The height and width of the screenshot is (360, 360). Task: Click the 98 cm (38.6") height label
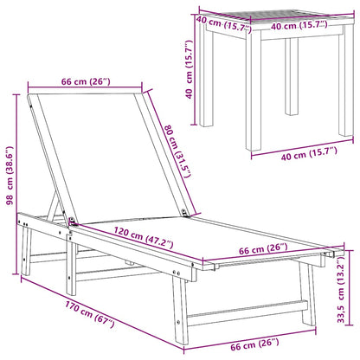tap(10, 176)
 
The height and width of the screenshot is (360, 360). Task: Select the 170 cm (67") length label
tap(90, 315)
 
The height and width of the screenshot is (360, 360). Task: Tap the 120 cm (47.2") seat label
tap(144, 237)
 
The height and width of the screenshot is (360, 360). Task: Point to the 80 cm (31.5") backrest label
tap(177, 151)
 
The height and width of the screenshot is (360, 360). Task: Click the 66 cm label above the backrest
tap(86, 81)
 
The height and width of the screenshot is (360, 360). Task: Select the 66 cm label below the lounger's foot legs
tap(254, 344)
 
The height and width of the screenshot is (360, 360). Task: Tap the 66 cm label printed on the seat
tap(263, 249)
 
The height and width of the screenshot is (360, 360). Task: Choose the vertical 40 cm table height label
tap(189, 69)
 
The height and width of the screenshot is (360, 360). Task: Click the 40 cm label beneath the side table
tap(309, 153)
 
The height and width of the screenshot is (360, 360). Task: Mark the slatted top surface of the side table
tap(277, 20)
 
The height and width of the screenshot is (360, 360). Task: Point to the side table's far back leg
tap(292, 76)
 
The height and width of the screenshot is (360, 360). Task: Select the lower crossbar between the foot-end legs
tap(247, 312)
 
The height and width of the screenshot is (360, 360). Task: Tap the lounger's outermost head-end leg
tap(26, 250)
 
